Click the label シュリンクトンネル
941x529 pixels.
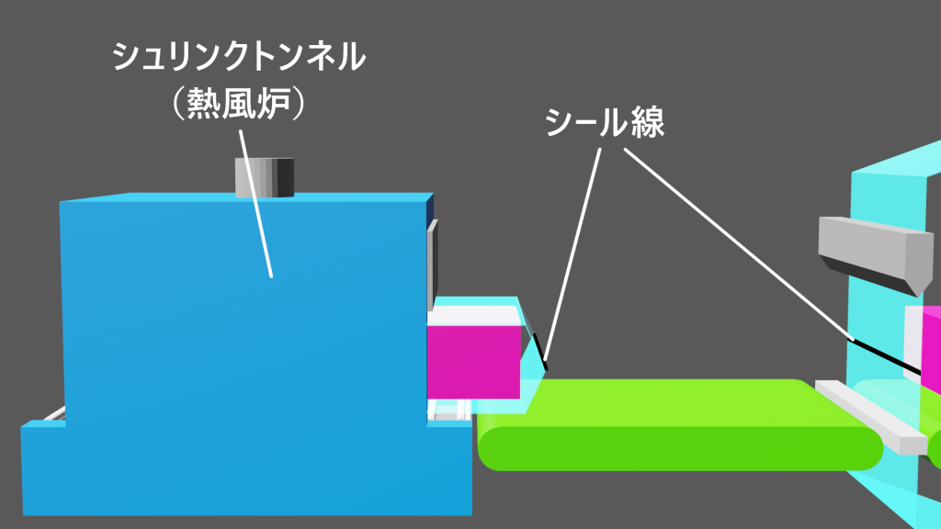click(x=239, y=57)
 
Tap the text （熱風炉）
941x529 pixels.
click(x=239, y=104)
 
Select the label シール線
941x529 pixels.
click(x=605, y=122)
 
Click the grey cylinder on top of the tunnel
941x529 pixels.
click(x=265, y=177)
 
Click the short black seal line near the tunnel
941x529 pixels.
click(x=539, y=352)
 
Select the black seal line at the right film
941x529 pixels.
click(x=887, y=357)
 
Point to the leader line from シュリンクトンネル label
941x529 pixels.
click(x=255, y=204)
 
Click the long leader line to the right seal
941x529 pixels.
click(x=740, y=244)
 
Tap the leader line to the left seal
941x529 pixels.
click(x=572, y=254)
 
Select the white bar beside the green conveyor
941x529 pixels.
click(x=871, y=417)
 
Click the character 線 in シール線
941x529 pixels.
click(x=648, y=122)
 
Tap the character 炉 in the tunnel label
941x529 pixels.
click(x=274, y=104)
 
